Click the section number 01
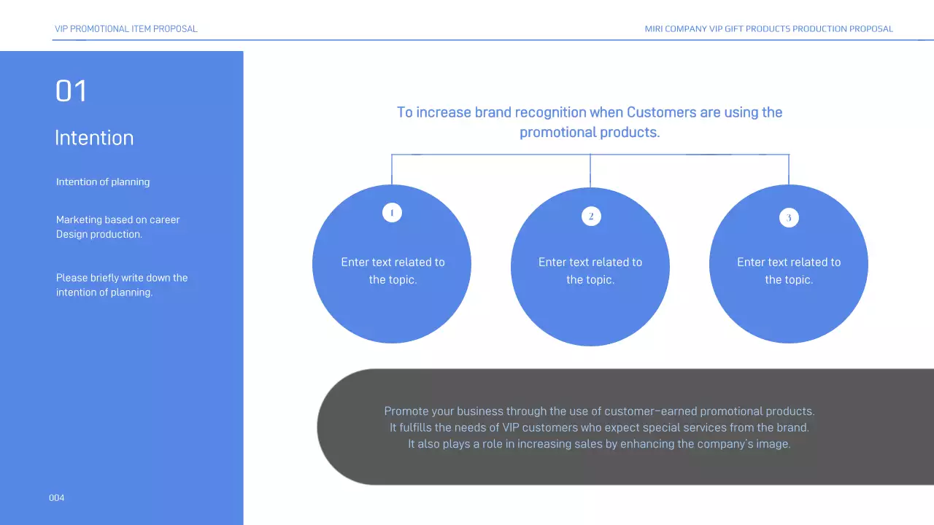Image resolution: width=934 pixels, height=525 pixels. tap(71, 91)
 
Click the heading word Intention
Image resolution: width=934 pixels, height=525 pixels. tap(94, 138)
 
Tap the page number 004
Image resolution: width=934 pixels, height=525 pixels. tap(56, 498)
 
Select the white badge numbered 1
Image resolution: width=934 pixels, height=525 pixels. tap(392, 213)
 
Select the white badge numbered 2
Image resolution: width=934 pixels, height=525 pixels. tap(591, 216)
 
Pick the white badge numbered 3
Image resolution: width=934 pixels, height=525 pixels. tap(789, 217)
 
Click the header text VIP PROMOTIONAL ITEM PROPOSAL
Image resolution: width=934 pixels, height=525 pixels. tap(126, 29)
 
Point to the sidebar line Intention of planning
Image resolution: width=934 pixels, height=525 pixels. tap(103, 182)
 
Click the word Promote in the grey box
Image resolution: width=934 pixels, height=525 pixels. tap(406, 411)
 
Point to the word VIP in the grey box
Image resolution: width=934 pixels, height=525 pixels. tap(512, 427)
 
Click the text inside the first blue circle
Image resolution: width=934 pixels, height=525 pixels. tap(393, 271)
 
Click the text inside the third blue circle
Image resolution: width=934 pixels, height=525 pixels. tap(789, 271)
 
